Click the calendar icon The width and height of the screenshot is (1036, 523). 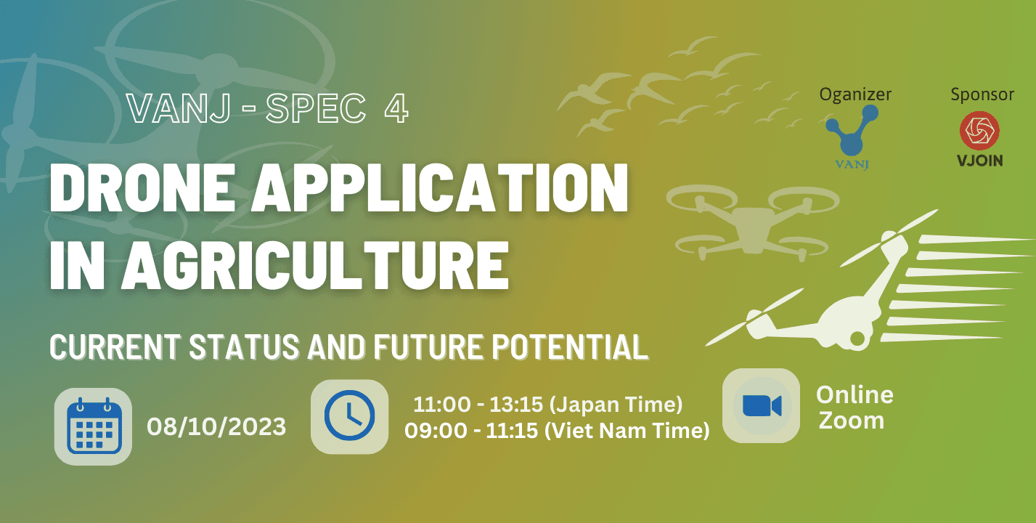tap(94, 426)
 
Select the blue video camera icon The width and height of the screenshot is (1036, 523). tap(762, 406)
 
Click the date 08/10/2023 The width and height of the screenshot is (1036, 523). tap(216, 426)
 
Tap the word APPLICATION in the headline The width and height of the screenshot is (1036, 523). tap(439, 188)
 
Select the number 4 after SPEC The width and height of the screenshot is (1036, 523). tap(396, 109)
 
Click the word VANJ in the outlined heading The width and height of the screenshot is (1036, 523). tap(179, 109)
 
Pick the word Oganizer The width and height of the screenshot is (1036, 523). tap(855, 94)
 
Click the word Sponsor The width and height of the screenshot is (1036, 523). tap(982, 94)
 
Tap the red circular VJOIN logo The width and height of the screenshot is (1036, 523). tap(979, 131)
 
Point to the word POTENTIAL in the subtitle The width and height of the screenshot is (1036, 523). tap(570, 346)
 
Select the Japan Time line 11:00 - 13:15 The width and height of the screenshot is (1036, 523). tap(547, 405)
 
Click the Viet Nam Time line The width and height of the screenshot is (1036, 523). tap(557, 431)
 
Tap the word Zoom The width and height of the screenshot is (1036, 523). tap(852, 421)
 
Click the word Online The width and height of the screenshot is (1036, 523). tap(855, 395)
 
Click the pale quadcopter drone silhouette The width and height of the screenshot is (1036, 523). tap(752, 221)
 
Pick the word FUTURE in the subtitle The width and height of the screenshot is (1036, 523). tap(429, 346)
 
